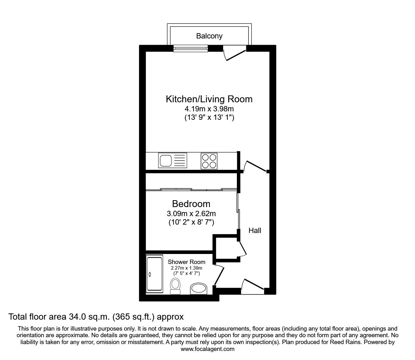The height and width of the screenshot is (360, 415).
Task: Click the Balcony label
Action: coord(209,36)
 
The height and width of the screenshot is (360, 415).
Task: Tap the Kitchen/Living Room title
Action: coord(209,99)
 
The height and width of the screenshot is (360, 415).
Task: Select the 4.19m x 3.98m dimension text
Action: coord(209,109)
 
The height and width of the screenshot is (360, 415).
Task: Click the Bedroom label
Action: coord(191,204)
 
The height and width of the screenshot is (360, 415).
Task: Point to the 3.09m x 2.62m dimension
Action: coord(191,214)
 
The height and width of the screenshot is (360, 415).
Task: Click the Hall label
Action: coord(255,231)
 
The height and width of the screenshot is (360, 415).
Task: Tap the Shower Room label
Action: coord(187,262)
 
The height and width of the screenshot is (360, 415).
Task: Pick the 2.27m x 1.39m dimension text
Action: coord(187,268)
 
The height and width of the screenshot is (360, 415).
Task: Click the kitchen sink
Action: coord(173,160)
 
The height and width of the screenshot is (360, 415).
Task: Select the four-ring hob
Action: coord(209,161)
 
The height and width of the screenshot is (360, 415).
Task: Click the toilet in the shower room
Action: coord(175,286)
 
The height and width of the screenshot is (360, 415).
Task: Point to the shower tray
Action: coord(154,274)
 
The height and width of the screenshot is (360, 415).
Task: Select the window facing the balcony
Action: coord(191,48)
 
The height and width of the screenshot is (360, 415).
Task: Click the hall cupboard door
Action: coord(242,249)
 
